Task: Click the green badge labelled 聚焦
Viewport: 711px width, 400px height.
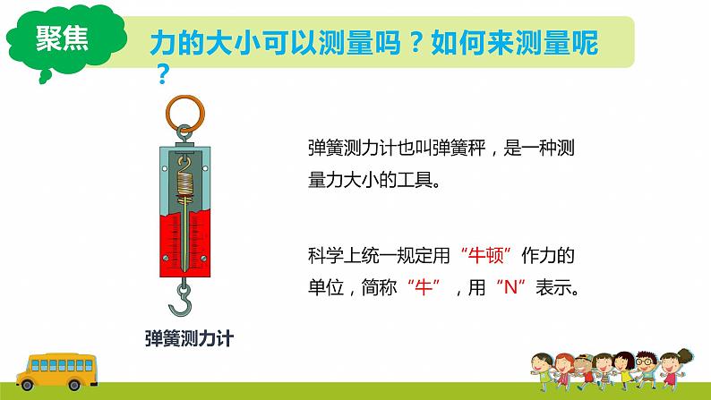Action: pos(61,39)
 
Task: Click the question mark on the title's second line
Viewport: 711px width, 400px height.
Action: pos(162,77)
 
